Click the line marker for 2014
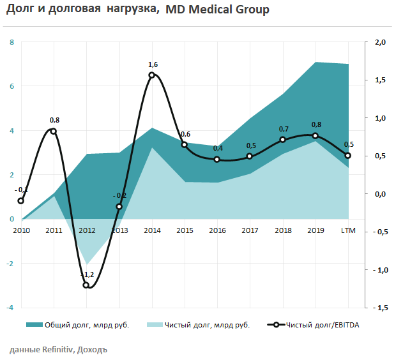point(151,75)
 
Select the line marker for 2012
point(86,285)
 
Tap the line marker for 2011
point(53,131)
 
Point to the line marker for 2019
point(316,135)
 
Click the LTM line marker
point(348,155)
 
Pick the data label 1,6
point(153,64)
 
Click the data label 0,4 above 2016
point(218,148)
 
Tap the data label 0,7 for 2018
point(284,129)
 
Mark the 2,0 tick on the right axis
point(381,43)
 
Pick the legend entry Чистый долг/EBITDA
point(323,325)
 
